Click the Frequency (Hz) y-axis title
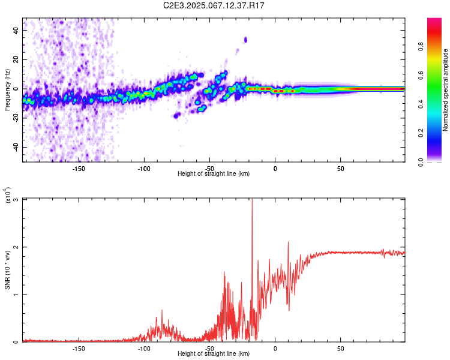(8, 90)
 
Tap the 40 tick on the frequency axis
(17, 30)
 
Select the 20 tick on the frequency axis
(17, 59)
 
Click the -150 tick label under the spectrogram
(79, 168)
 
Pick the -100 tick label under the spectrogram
(144, 168)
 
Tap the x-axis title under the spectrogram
(214, 174)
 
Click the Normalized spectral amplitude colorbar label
(446, 90)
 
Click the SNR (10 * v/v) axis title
(8, 270)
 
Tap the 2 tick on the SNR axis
(17, 247)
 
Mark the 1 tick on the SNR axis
(17, 295)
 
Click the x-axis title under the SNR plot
(214, 354)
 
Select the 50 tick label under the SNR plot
(341, 348)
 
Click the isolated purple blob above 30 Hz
(245, 40)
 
